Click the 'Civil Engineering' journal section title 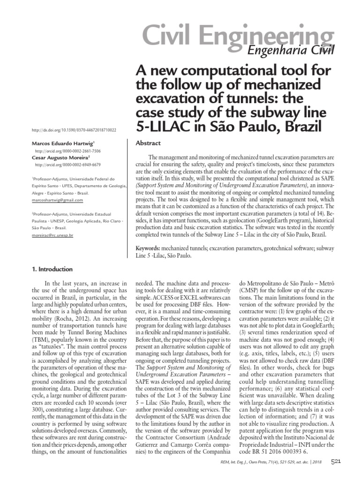(x=236, y=37)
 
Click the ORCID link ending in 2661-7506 (x=67, y=151)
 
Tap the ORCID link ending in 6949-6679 (x=67, y=165)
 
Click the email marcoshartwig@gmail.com (x=57, y=200)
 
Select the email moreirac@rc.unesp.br (x=52, y=236)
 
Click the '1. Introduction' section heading (x=52, y=270)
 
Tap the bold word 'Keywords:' (x=148, y=247)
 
